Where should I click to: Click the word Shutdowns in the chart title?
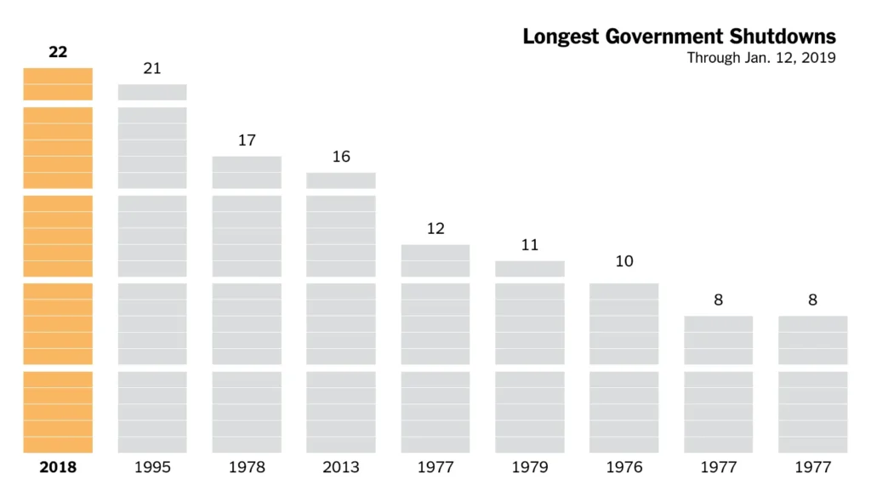(783, 37)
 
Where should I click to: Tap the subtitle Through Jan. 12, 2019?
(761, 58)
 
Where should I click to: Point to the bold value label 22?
(58, 52)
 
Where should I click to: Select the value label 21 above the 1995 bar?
(152, 69)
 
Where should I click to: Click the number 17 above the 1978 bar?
(247, 140)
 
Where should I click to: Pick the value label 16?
(341, 157)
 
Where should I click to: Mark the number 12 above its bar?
(435, 229)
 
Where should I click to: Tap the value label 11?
(530, 245)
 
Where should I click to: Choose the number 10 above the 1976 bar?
(624, 261)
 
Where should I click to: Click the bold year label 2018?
(58, 467)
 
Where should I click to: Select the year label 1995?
(152, 467)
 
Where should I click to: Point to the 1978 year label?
(247, 467)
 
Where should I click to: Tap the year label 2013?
(341, 467)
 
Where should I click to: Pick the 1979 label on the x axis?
(530, 467)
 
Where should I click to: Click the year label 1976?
(624, 467)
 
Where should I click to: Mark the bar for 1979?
(530, 357)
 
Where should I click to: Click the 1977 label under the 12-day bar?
(435, 467)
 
